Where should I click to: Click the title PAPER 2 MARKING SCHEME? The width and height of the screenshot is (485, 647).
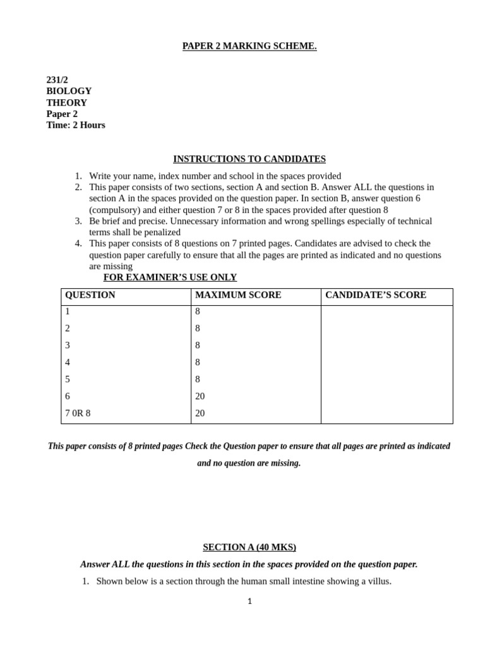pyautogui.click(x=249, y=46)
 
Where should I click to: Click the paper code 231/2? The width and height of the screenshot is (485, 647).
pyautogui.click(x=57, y=80)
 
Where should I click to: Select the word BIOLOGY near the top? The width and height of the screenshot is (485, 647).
pyautogui.click(x=69, y=91)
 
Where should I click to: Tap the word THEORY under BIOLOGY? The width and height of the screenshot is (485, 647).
pyautogui.click(x=66, y=102)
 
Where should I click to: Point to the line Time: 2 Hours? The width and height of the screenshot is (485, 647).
pyautogui.click(x=76, y=125)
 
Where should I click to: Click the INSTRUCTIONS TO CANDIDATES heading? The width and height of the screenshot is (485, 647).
pyautogui.click(x=249, y=159)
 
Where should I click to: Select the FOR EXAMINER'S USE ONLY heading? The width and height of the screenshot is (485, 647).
pyautogui.click(x=170, y=277)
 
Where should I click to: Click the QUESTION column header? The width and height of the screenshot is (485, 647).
pyautogui.click(x=90, y=295)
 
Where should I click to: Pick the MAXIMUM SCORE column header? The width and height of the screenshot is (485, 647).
pyautogui.click(x=238, y=295)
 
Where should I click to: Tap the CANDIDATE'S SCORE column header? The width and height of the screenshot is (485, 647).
pyautogui.click(x=376, y=295)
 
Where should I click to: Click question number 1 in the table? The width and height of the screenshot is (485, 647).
pyautogui.click(x=68, y=311)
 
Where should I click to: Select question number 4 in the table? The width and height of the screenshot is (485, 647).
pyautogui.click(x=68, y=363)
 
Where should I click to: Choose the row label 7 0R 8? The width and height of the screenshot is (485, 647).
pyautogui.click(x=78, y=413)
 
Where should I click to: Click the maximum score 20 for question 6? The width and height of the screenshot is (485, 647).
pyautogui.click(x=200, y=396)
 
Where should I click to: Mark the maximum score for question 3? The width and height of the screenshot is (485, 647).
pyautogui.click(x=198, y=346)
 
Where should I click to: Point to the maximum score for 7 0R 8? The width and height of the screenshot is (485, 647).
pyautogui.click(x=200, y=413)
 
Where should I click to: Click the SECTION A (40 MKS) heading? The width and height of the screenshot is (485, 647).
pyautogui.click(x=249, y=547)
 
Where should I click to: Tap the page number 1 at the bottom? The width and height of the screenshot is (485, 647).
pyautogui.click(x=249, y=602)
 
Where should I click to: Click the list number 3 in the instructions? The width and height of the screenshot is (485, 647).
pyautogui.click(x=78, y=221)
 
